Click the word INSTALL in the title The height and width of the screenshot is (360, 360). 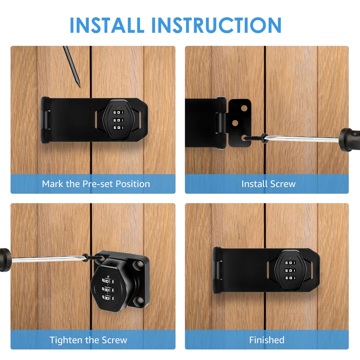point(107,25)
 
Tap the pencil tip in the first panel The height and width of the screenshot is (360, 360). point(80,87)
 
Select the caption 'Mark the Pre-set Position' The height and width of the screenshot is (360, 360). point(96,184)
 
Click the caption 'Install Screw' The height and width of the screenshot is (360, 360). point(269,184)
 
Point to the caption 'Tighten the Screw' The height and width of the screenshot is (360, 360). point(89,340)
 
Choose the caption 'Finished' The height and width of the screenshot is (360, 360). point(267,340)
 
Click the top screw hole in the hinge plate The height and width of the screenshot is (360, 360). point(244,108)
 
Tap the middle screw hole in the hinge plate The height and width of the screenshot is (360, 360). point(235,123)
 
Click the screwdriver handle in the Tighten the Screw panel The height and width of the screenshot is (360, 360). point(5,260)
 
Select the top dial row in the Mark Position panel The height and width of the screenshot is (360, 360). point(118,112)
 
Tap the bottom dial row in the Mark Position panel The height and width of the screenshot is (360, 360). point(118,127)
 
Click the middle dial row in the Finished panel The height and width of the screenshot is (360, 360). point(291,270)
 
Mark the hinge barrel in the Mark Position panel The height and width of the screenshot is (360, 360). point(45,120)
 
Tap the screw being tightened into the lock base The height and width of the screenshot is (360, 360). point(93,257)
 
